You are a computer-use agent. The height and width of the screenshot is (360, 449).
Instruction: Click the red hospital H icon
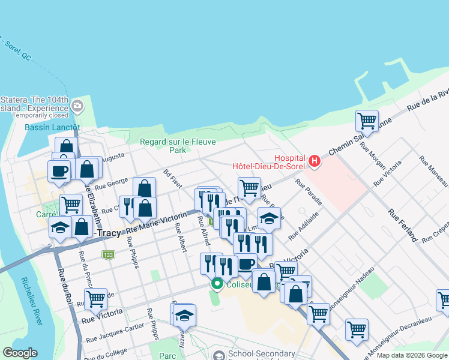(314, 160)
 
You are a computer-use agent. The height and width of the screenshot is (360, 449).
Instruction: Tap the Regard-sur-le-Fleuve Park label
(163, 146)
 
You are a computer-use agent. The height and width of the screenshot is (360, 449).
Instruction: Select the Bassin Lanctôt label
(52, 127)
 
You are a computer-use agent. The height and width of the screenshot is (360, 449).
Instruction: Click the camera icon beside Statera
(77, 107)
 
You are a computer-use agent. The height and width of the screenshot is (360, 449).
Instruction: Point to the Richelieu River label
(32, 301)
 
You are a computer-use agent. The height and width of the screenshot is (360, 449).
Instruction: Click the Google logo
(20, 353)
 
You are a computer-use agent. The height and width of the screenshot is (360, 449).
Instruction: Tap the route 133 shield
(108, 256)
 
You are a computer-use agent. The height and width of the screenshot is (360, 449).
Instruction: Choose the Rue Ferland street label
(403, 225)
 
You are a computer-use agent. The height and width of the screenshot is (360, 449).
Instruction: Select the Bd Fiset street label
(172, 178)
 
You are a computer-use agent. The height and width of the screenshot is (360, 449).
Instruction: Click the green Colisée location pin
(217, 284)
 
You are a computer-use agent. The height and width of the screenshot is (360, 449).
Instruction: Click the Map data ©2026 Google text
(412, 355)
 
